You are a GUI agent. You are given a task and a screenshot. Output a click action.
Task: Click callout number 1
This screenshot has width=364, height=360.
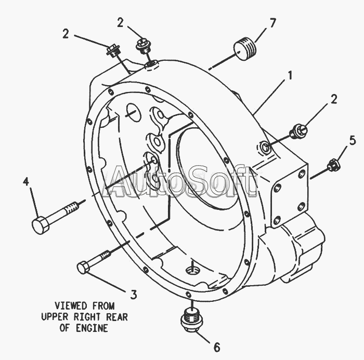click(x=290, y=76)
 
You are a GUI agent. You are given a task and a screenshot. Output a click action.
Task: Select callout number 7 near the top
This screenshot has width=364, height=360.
click(x=272, y=23)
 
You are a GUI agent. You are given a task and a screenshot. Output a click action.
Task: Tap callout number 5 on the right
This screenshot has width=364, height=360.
click(x=352, y=140)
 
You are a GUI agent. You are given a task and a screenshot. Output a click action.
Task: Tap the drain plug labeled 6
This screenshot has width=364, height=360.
click(x=190, y=319)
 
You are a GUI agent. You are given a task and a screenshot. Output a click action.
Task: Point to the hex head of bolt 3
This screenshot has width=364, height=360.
click(x=83, y=268)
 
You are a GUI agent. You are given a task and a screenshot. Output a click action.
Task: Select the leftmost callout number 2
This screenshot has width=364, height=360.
click(x=66, y=34)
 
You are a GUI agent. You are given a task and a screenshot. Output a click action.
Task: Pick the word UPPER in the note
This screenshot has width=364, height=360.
click(x=56, y=317)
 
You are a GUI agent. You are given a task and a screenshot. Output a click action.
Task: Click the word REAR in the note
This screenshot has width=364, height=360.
click(x=115, y=317)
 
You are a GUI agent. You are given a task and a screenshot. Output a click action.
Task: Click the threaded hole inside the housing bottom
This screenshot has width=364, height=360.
click(x=192, y=269)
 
